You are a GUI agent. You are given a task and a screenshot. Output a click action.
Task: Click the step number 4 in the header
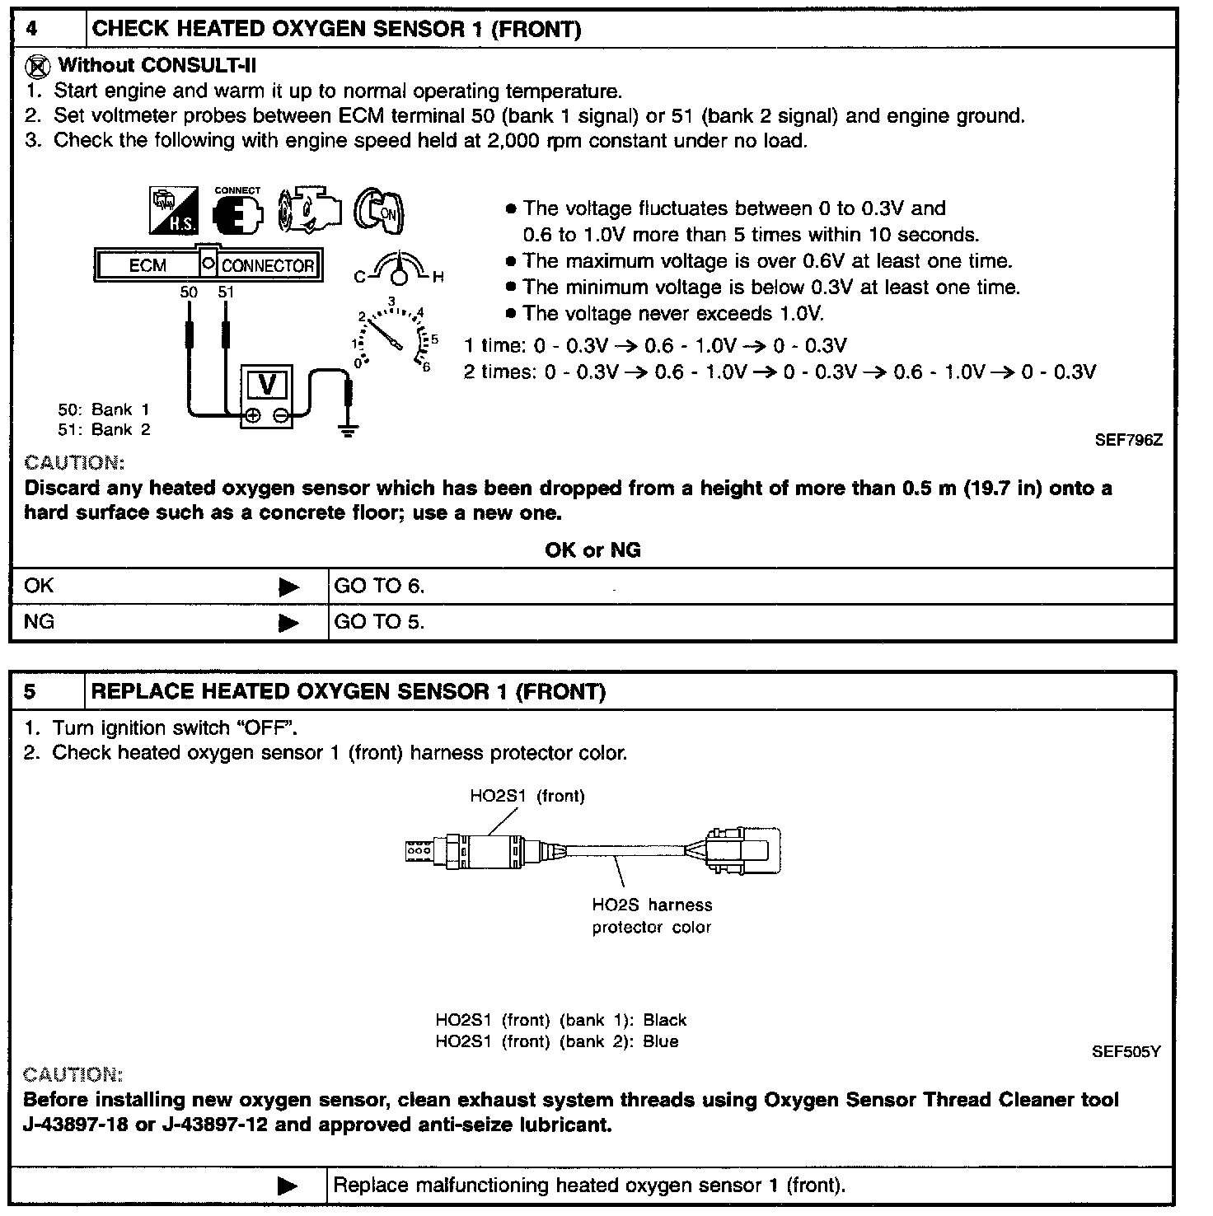pyautogui.click(x=31, y=30)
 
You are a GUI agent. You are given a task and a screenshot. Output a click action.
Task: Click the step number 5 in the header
pyautogui.click(x=31, y=691)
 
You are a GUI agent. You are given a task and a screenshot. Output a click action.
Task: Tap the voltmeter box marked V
pyautogui.click(x=267, y=385)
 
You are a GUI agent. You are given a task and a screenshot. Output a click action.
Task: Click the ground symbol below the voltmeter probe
pyautogui.click(x=349, y=428)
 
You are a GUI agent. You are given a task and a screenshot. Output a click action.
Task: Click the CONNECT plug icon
pyautogui.click(x=237, y=212)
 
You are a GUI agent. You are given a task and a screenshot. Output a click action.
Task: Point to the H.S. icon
pyautogui.click(x=174, y=210)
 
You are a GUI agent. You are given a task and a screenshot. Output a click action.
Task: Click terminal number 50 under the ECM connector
pyautogui.click(x=189, y=292)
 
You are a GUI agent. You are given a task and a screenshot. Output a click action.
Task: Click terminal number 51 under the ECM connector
pyautogui.click(x=225, y=292)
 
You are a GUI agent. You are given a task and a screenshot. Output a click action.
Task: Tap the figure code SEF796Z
pyautogui.click(x=1128, y=440)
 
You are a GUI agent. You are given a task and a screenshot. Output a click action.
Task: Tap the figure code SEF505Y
pyautogui.click(x=1126, y=1052)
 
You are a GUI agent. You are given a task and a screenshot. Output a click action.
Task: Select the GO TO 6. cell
pyautogui.click(x=379, y=587)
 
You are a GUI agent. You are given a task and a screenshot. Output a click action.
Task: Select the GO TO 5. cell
pyautogui.click(x=379, y=622)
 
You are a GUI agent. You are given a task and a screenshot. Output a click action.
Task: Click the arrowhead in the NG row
pyautogui.click(x=288, y=623)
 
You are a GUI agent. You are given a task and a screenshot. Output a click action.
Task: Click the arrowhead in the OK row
pyautogui.click(x=288, y=587)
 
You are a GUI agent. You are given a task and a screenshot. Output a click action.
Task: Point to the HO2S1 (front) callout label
pyautogui.click(x=527, y=796)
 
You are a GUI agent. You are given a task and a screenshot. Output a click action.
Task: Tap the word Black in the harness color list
pyautogui.click(x=664, y=1021)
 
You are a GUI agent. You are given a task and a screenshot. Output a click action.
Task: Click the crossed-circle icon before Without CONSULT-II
pyautogui.click(x=37, y=67)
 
